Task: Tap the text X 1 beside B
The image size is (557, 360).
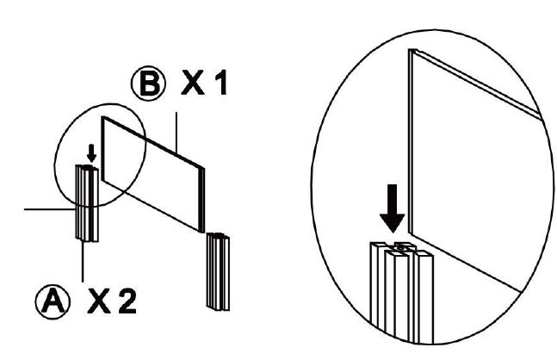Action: (202, 85)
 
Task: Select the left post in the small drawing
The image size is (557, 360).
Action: (87, 207)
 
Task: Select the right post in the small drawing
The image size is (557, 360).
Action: (216, 270)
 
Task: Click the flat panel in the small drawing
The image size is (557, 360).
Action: (153, 171)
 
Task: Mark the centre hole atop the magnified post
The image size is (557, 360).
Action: (399, 247)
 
